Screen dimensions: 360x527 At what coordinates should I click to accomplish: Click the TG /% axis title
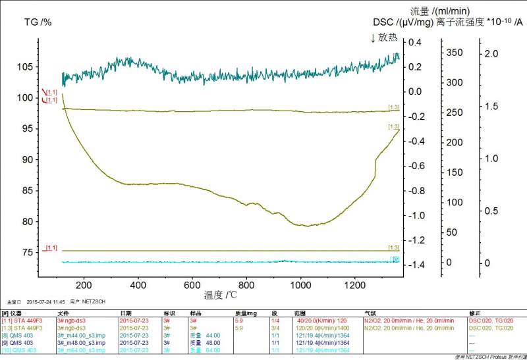pyautogui.click(x=38, y=22)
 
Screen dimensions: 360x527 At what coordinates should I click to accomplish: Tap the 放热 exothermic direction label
pyautogui.click(x=386, y=38)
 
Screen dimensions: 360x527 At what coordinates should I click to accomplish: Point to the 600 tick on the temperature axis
pyautogui.click(x=192, y=285)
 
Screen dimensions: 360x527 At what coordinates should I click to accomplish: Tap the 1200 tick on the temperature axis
pyautogui.click(x=354, y=285)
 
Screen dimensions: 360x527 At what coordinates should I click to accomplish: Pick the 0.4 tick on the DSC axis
pyautogui.click(x=414, y=42)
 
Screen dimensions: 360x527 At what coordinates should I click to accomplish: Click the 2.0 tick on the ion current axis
pyautogui.click(x=491, y=53)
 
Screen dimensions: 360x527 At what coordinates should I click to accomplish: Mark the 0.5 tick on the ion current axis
pyautogui.click(x=491, y=211)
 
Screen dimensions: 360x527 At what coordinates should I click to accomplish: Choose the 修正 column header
pyautogui.click(x=474, y=313)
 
